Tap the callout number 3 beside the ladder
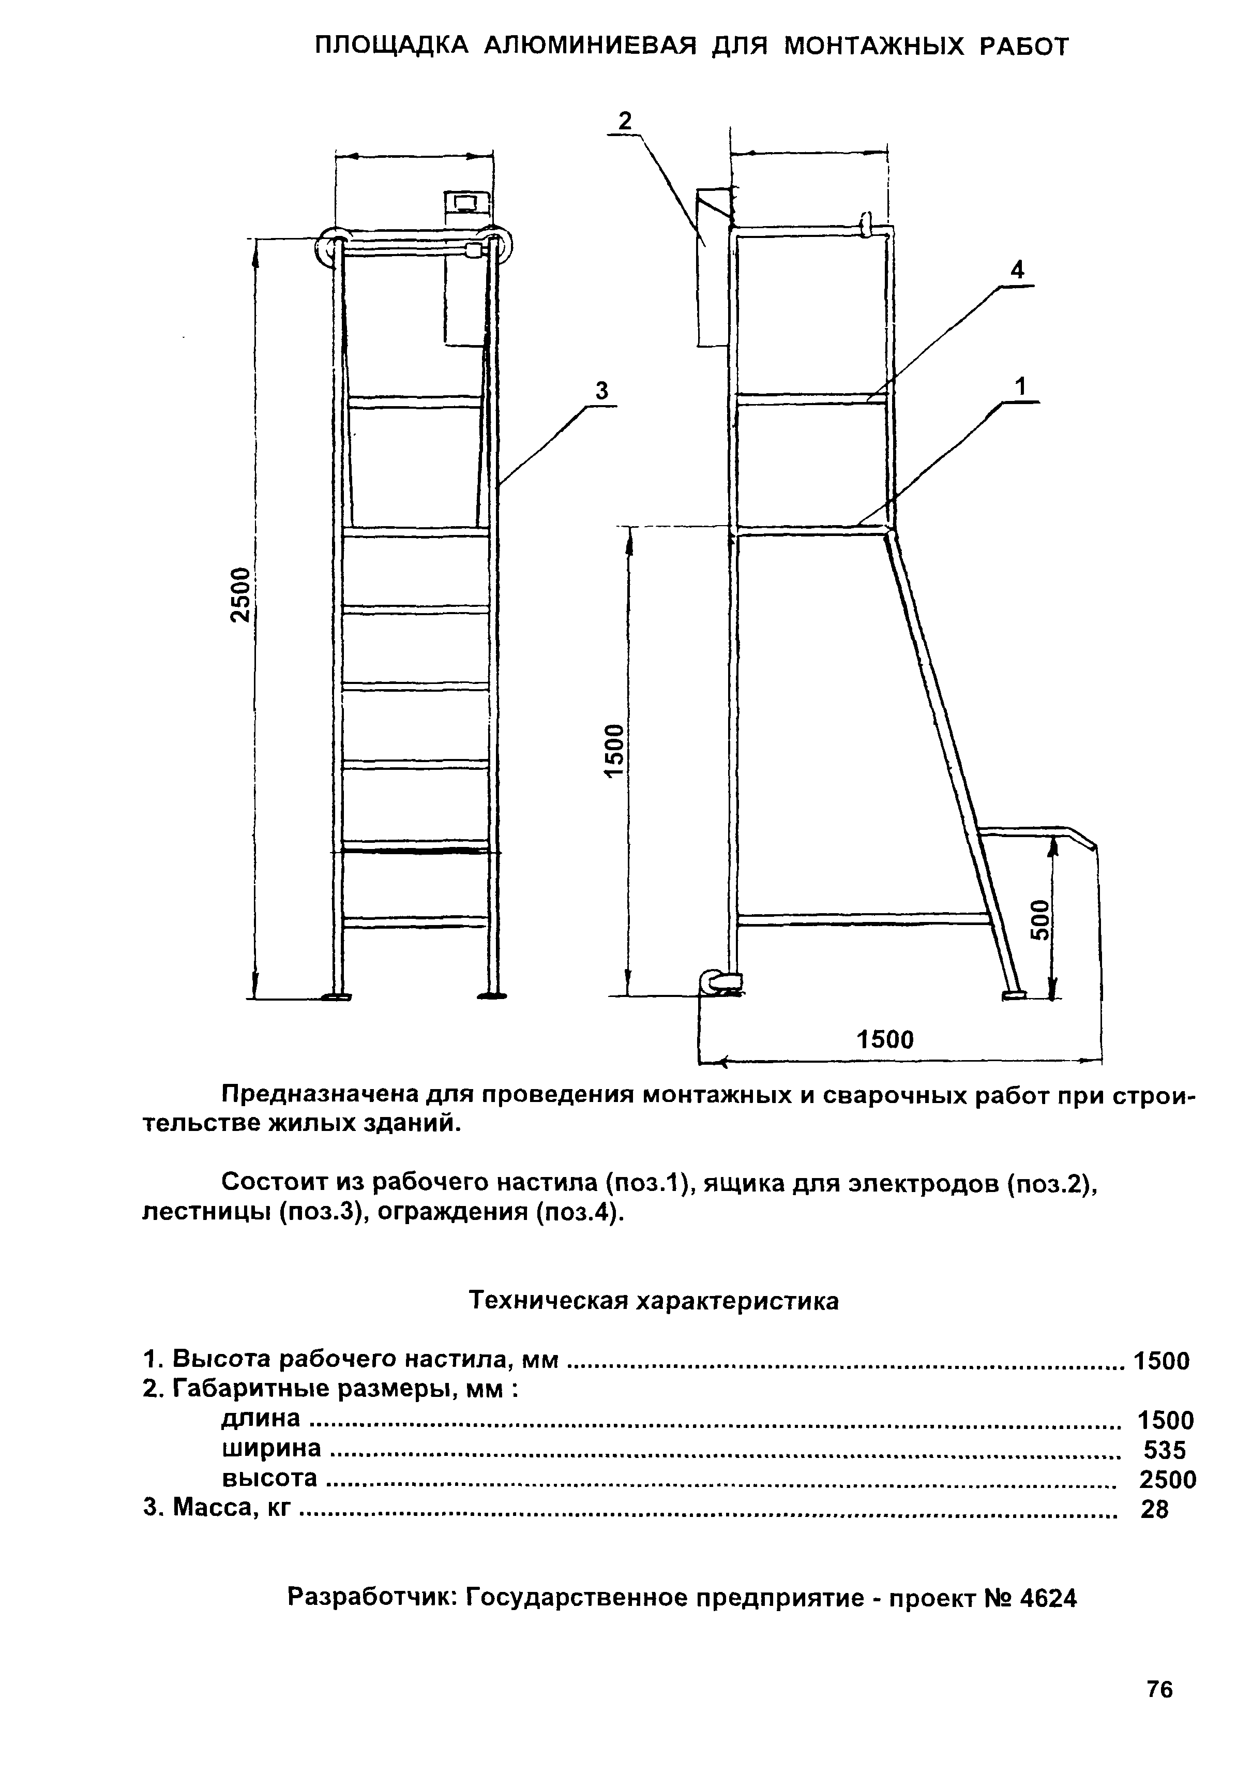point(602,392)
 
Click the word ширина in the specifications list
point(271,1449)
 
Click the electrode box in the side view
point(713,266)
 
